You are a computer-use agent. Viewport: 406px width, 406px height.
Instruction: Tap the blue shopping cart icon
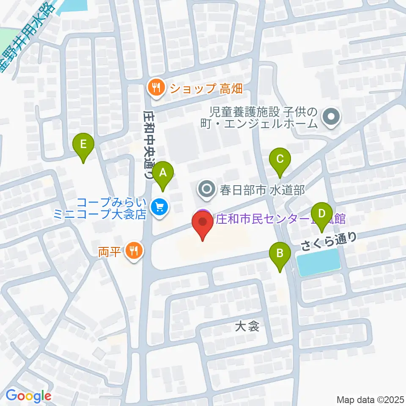click(x=159, y=207)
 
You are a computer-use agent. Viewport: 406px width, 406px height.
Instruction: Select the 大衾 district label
click(x=247, y=326)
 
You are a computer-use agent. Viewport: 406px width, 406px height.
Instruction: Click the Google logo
click(x=28, y=396)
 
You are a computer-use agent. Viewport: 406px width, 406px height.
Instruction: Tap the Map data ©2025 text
click(x=370, y=399)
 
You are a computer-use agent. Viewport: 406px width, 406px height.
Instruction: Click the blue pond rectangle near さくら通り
click(x=319, y=262)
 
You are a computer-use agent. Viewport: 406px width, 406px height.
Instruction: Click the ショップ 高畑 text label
click(x=200, y=88)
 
